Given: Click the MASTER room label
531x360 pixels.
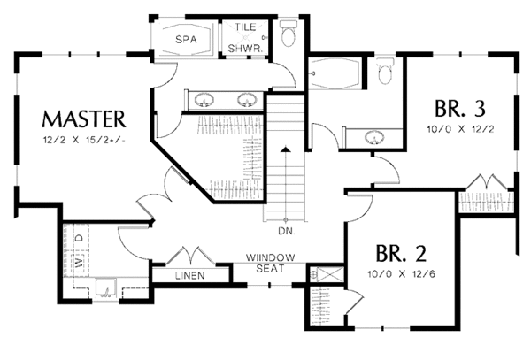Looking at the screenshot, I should (x=85, y=119).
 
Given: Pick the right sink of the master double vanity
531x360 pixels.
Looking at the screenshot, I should (x=247, y=98).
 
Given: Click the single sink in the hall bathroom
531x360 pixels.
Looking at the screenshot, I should (x=374, y=137).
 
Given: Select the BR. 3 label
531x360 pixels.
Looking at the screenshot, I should (x=459, y=110).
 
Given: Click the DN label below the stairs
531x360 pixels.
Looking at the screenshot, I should (x=285, y=233).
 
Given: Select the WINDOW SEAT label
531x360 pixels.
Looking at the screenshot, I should (x=265, y=262).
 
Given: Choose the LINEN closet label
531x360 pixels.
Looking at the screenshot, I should (x=189, y=276).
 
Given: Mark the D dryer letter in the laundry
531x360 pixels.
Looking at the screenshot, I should (x=79, y=239).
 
